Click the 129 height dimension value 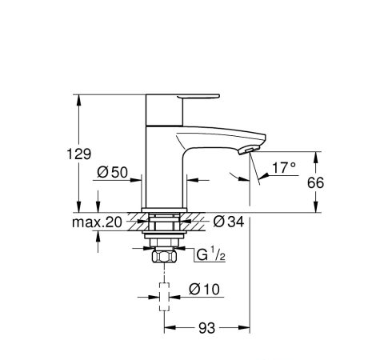[78, 154]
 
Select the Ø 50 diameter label [112, 172]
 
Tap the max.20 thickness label [97, 222]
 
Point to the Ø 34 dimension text [229, 222]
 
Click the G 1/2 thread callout [211, 254]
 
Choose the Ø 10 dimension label [204, 289]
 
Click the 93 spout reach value [206, 328]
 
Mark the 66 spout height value [315, 182]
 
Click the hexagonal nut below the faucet [164, 257]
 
